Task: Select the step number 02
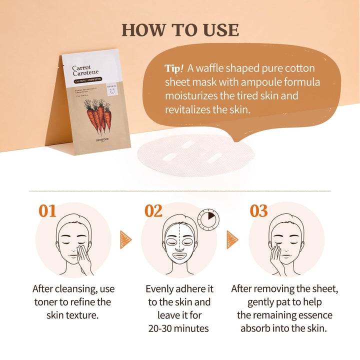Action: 153,210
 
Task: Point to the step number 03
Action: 259,210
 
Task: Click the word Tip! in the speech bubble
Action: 174,69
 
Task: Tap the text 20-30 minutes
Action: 178,328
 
